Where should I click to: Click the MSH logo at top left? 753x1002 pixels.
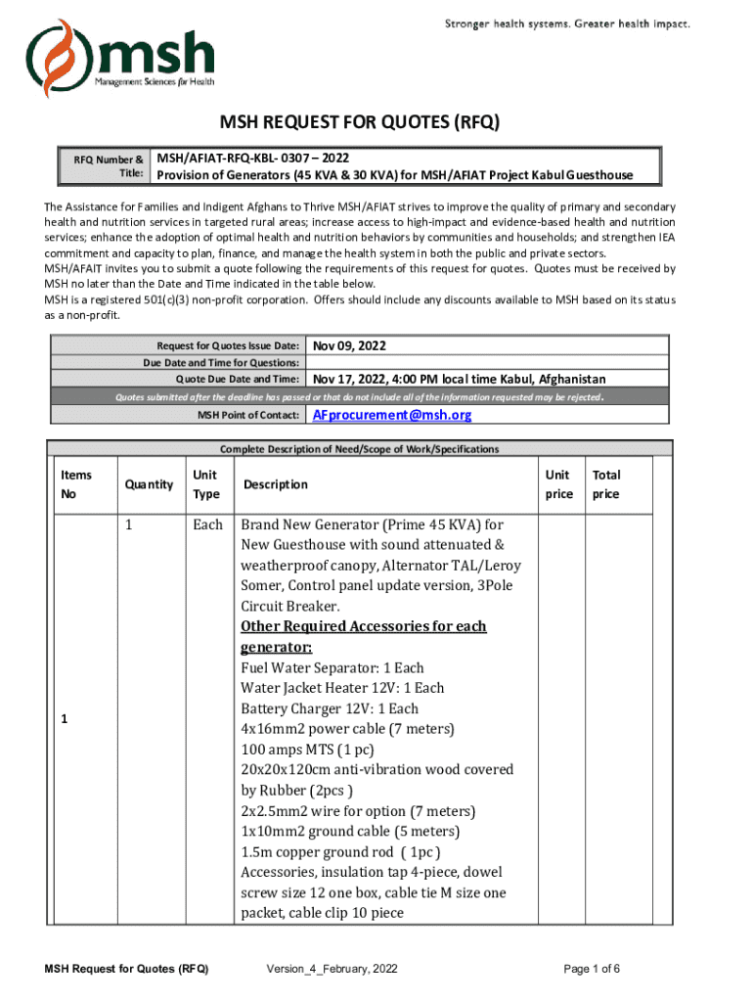tap(120, 58)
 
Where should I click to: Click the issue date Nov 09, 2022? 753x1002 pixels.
tap(349, 345)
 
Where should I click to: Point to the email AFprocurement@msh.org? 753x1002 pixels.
tap(391, 415)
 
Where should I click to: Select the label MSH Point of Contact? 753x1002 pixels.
tap(248, 416)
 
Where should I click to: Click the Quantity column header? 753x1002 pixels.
tap(150, 484)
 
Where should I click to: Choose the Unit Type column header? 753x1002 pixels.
tap(205, 484)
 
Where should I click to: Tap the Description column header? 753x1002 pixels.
tap(276, 484)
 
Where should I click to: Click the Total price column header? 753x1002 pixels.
tap(606, 484)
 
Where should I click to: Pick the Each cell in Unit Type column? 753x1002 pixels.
tap(207, 524)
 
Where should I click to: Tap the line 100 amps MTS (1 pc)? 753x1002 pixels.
tap(307, 750)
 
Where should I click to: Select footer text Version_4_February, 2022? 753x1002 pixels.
tap(332, 969)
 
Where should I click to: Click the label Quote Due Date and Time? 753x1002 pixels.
tap(237, 379)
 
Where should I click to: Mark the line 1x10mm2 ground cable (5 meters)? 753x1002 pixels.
tap(336, 832)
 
